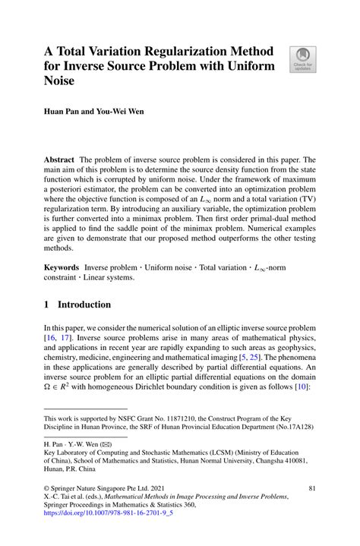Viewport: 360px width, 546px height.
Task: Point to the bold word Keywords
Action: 63,268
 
